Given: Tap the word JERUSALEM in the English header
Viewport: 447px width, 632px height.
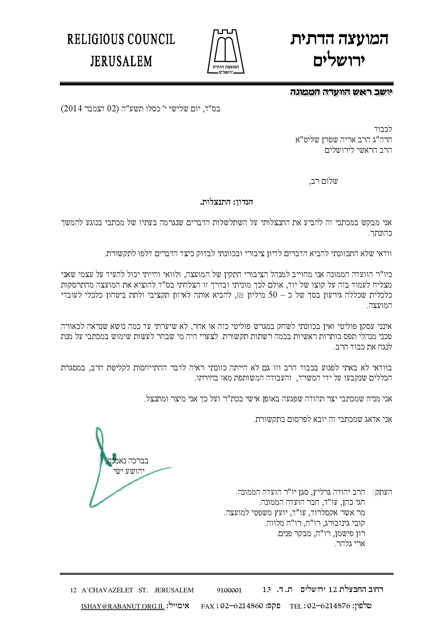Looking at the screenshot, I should click(121, 61).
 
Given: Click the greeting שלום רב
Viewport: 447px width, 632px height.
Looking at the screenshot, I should click(324, 181).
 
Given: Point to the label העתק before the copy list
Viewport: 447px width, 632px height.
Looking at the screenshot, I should click(382, 492).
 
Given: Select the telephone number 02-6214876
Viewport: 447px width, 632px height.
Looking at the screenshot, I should click(330, 606).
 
